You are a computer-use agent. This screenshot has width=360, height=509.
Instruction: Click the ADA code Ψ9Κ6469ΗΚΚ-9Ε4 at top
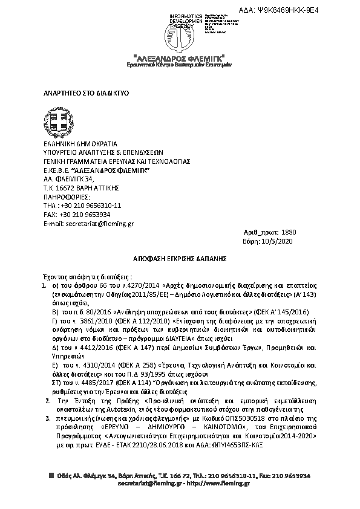click(297, 11)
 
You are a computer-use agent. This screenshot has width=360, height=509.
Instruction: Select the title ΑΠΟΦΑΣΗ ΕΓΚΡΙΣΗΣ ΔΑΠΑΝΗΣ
click(180, 257)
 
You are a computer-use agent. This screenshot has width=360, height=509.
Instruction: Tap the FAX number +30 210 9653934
click(85, 214)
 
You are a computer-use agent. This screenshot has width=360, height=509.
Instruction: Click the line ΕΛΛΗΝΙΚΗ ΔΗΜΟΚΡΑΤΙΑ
click(76, 144)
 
